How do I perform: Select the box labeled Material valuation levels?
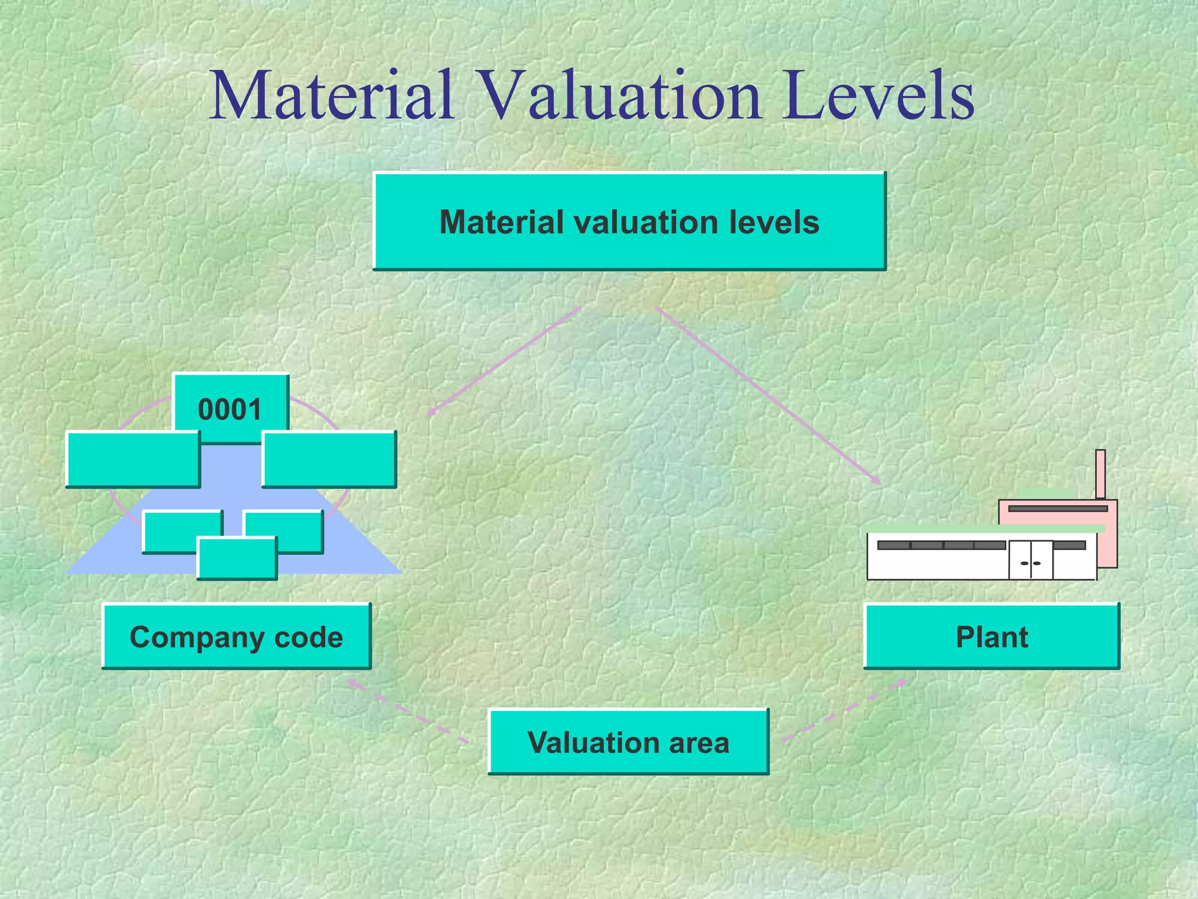(x=629, y=222)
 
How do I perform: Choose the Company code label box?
(x=236, y=637)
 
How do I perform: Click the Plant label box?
(x=992, y=637)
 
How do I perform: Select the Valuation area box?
(x=628, y=742)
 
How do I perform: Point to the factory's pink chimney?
(x=1100, y=473)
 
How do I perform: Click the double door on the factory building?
(x=1031, y=560)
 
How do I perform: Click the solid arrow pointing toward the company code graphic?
(x=503, y=362)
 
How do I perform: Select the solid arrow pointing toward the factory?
(x=766, y=395)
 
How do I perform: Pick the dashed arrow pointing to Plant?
(x=845, y=710)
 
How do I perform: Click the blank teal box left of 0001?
(x=133, y=459)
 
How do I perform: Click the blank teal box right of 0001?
(x=329, y=459)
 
